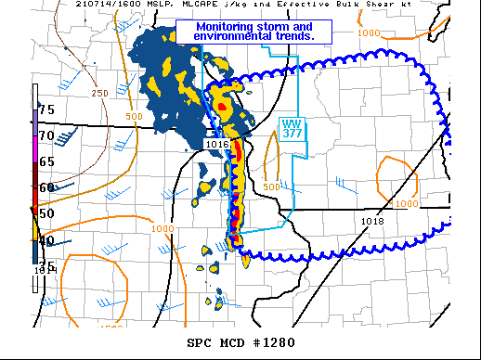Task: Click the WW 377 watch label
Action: point(292,129)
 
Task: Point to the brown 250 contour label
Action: point(99,94)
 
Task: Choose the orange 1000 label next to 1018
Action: point(406,204)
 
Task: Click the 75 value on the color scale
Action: point(45,110)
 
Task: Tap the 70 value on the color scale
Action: point(45,135)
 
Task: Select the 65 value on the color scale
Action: point(45,161)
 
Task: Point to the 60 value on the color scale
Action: point(45,187)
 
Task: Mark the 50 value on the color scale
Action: point(45,213)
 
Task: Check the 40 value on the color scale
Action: point(45,241)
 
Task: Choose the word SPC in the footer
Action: point(200,343)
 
